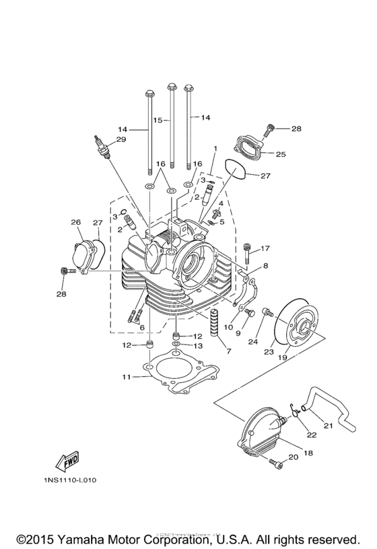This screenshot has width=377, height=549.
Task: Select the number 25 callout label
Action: (281, 154)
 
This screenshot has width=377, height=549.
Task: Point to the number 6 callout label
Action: (141, 327)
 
